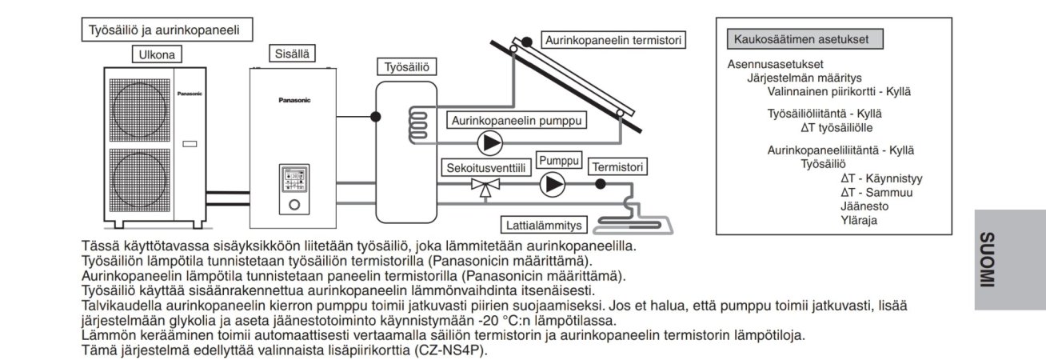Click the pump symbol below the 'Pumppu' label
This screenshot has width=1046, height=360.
[x=551, y=185]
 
